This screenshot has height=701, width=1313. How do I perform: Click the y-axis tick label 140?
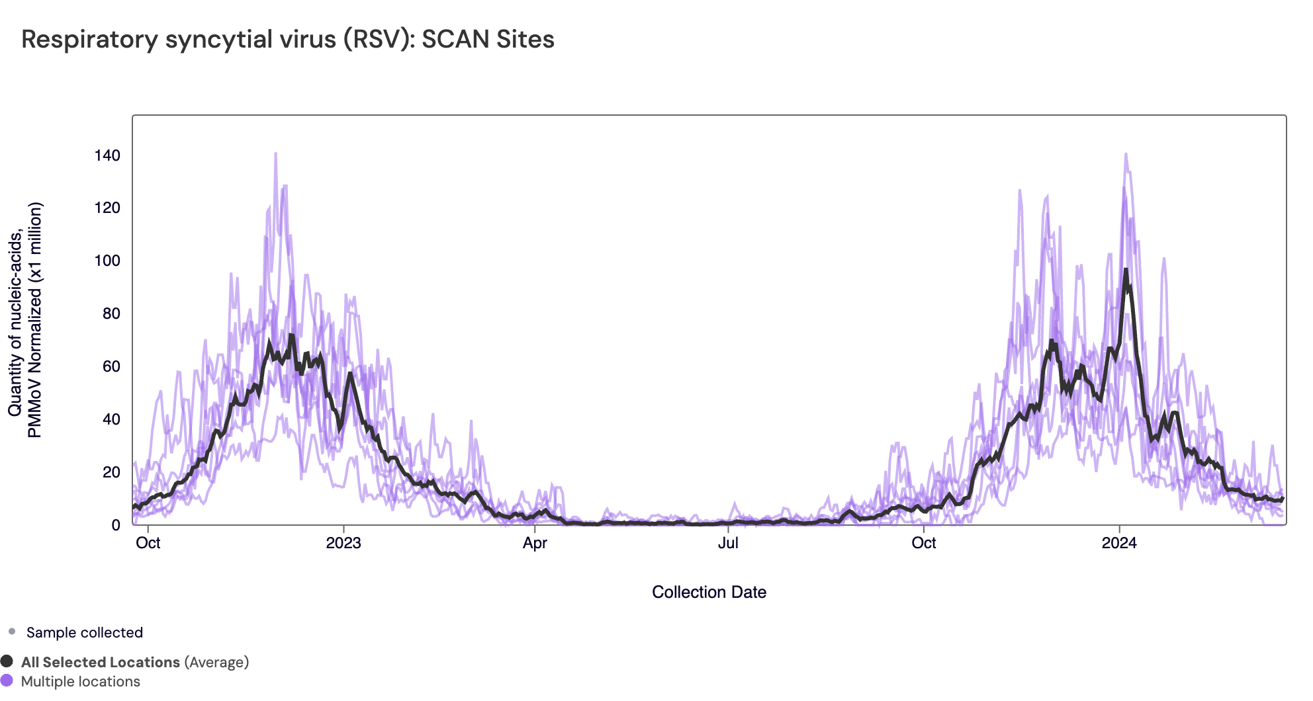pos(107,155)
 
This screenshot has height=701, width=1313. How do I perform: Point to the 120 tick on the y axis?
pos(107,208)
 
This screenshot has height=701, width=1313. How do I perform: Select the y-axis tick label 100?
pos(107,261)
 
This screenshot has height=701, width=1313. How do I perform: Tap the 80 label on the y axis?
pos(111,313)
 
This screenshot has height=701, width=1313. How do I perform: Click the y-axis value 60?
pos(111,366)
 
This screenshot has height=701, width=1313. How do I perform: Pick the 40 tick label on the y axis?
pos(111,419)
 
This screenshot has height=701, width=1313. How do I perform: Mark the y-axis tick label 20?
pos(111,472)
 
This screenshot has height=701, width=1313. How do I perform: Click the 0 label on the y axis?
pos(116,525)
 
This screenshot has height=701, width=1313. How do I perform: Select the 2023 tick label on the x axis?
pos(343,543)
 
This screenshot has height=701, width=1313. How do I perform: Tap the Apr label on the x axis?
pos(535,543)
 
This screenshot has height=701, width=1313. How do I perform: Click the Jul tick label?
pos(728,543)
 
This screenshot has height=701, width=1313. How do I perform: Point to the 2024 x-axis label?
pos(1119,543)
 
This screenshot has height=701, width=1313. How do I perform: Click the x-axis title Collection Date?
pos(709,592)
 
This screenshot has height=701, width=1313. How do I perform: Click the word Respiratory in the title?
pos(89,40)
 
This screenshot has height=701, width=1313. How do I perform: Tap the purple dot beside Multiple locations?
pos(7,680)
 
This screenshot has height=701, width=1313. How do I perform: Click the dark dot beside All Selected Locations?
pos(7,661)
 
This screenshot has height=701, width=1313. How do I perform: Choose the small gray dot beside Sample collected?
pos(12,632)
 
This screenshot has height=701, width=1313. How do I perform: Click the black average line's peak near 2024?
pos(1125,270)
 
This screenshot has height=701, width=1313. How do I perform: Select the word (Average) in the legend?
pos(216,662)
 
